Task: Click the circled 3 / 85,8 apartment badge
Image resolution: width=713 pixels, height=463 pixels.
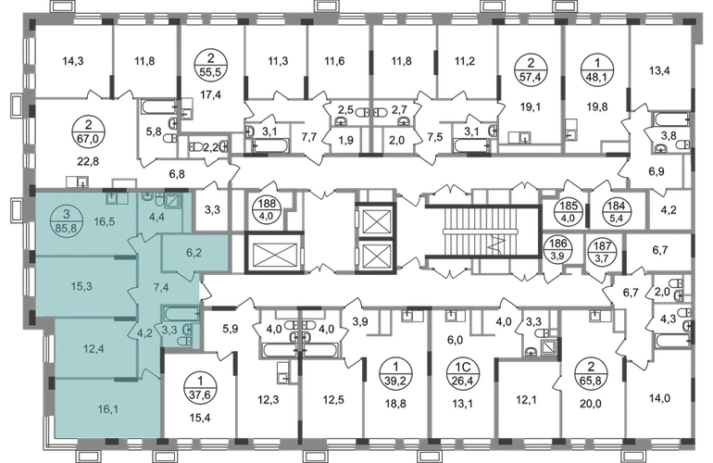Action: coord(67,221)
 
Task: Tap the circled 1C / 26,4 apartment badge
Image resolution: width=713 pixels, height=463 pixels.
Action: coord(463,374)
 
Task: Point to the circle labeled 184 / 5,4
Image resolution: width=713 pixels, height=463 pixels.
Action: coord(616,211)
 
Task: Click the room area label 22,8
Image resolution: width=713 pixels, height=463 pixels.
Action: coord(88,161)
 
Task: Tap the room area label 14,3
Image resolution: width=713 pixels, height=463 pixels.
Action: coord(73,60)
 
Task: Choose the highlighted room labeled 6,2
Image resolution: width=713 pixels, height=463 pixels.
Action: coord(195,253)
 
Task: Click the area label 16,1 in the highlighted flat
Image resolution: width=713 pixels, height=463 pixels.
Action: coord(108,409)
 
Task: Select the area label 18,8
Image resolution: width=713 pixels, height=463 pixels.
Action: coord(395,403)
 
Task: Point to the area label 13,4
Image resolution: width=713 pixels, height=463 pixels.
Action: coord(660,70)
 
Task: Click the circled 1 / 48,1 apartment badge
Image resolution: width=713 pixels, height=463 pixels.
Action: coord(598,69)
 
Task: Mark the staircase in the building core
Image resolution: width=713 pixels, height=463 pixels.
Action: coord(483,232)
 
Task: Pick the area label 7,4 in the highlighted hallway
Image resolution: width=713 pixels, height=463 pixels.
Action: coord(161,287)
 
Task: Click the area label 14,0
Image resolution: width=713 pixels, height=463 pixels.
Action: coord(660,398)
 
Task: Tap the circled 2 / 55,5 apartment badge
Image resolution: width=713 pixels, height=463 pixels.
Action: coord(210,66)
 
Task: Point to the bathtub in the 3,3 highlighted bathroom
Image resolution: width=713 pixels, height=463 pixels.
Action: coord(181,313)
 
